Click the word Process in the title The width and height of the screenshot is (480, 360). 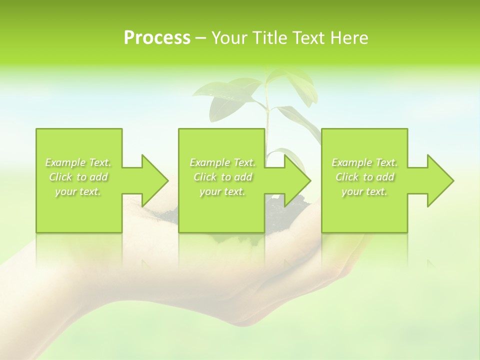[x=157, y=38]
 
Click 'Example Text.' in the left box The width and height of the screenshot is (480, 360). [x=78, y=162]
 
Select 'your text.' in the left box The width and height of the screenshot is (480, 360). [x=78, y=191]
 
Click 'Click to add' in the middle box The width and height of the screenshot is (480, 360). [x=222, y=177]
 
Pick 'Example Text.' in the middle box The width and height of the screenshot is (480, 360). [x=222, y=162]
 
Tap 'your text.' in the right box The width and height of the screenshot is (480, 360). [x=364, y=191]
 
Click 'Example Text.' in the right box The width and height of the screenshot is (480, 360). [x=364, y=162]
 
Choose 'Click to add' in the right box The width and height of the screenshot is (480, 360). [x=364, y=177]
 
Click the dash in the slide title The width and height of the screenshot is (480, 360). [x=200, y=38]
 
